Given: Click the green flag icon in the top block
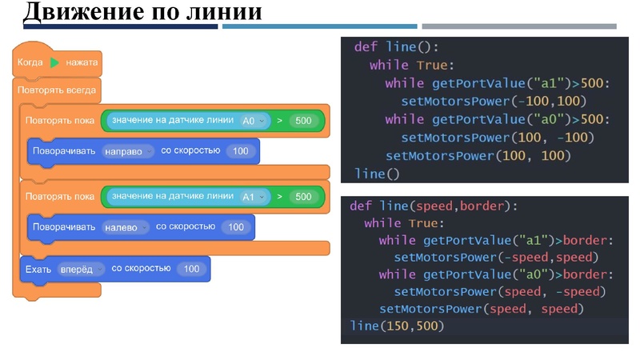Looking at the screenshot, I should pos(54,62).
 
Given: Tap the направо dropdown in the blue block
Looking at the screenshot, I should pos(127,151).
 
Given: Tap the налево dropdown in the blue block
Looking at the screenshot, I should pos(125,227).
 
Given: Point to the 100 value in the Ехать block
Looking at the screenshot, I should pos(191,270).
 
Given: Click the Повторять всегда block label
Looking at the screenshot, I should pos(57,90).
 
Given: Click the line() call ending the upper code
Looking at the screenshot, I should pos(376,173).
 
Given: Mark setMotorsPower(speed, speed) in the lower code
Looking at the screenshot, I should pos(482,309).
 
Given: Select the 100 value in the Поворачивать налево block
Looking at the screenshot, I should pos(235,227).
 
